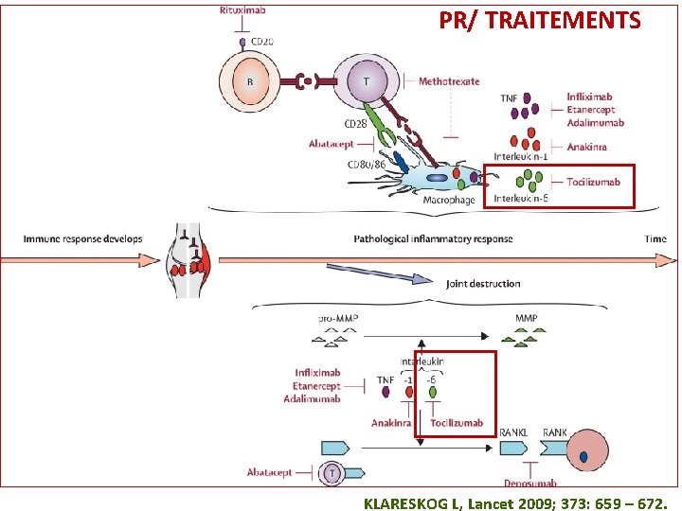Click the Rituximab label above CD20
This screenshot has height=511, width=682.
coord(242,10)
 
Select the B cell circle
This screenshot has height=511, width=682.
coord(249,81)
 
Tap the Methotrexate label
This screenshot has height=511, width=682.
coord(449,81)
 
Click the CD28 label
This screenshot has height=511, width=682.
coord(355,124)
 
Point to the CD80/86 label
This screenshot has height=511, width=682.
coord(367,165)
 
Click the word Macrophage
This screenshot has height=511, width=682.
coord(449,200)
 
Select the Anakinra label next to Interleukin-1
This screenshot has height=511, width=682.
coord(586,147)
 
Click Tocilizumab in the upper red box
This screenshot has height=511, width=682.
coord(593,182)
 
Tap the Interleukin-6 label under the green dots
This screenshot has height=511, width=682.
coord(521,199)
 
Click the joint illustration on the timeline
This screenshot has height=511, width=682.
coord(188,260)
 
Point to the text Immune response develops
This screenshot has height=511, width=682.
coord(82,238)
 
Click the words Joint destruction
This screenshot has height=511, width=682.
coord(483,284)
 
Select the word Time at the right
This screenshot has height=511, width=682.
coord(655,238)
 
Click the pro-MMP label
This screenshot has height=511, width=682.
coord(338,318)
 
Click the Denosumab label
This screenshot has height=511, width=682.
coord(530,483)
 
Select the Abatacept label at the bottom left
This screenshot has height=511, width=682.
coord(269,472)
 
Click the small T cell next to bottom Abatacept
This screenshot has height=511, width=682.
coord(332,473)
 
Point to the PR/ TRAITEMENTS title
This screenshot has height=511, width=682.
coord(540,20)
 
